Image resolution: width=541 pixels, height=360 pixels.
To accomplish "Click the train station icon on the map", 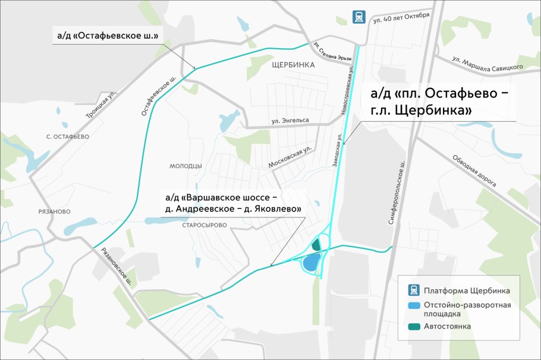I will pos(358,17).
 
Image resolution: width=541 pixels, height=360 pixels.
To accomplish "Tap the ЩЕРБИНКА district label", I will pos(292,65).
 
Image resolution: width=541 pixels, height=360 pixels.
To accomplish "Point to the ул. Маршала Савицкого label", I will pos(487,63).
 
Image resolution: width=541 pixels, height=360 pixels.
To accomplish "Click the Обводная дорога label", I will pos(474,170).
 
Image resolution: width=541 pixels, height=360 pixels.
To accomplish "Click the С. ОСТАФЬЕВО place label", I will pos(67,137).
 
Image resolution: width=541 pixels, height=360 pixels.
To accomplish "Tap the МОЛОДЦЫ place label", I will pos(185,166).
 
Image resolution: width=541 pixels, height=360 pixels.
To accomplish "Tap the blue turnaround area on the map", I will pos(311,262).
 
